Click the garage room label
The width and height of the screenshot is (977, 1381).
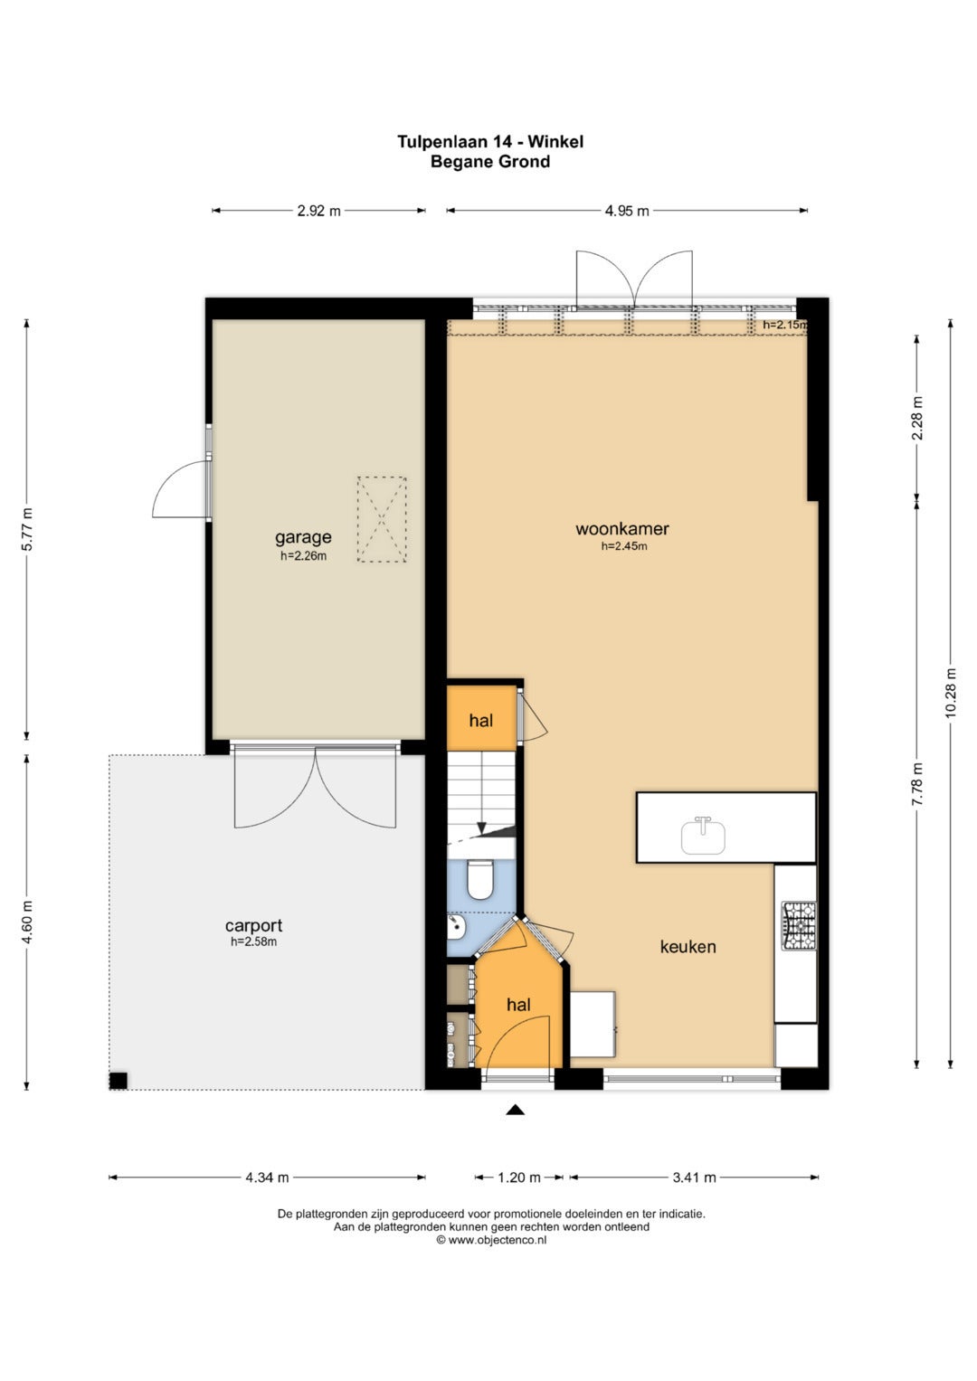pyautogui.click(x=303, y=537)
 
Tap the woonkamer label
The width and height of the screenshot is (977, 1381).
pyautogui.click(x=621, y=528)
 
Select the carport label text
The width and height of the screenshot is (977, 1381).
pyautogui.click(x=253, y=925)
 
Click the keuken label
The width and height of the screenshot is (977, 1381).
pyautogui.click(x=688, y=946)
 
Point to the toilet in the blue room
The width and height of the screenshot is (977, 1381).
pyautogui.click(x=479, y=880)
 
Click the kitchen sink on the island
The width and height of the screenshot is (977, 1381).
pyautogui.click(x=703, y=836)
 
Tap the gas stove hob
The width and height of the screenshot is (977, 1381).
pyautogui.click(x=799, y=926)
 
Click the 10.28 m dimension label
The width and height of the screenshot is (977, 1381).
pyautogui.click(x=950, y=693)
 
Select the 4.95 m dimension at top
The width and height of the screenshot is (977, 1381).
pyautogui.click(x=627, y=211)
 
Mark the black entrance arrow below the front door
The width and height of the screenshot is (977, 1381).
pyautogui.click(x=516, y=1111)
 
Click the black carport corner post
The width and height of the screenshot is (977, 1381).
pyautogui.click(x=119, y=1081)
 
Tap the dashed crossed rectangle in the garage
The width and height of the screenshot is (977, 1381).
pyautogui.click(x=382, y=519)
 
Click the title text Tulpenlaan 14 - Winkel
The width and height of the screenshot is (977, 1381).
pyautogui.click(x=490, y=142)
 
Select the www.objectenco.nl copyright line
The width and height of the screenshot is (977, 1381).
pyautogui.click(x=491, y=1240)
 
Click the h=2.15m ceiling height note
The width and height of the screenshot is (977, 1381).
pyautogui.click(x=784, y=325)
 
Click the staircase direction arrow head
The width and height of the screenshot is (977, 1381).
pyautogui.click(x=481, y=830)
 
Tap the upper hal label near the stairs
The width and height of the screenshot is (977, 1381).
pyautogui.click(x=481, y=720)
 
